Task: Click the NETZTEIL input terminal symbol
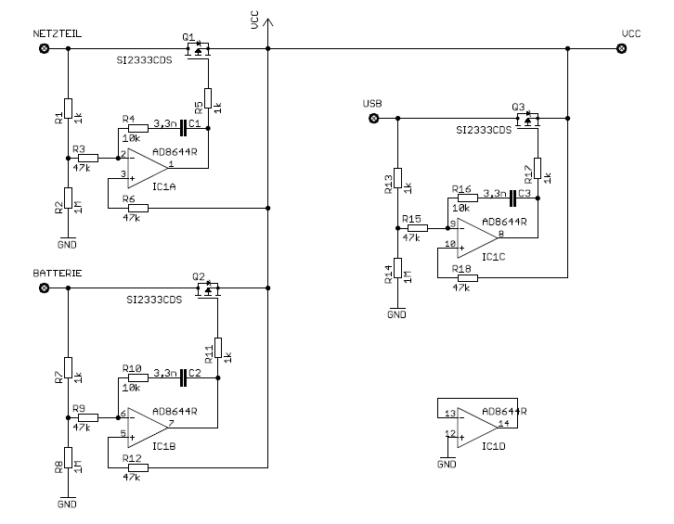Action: click(44, 48)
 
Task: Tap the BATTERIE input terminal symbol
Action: click(44, 288)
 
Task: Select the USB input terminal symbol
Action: click(374, 118)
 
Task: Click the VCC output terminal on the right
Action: click(622, 48)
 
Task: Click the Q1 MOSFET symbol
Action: click(198, 50)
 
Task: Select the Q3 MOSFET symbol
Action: click(528, 121)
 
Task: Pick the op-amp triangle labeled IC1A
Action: click(147, 168)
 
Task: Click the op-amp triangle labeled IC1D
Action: click(477, 428)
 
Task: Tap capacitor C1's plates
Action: click(183, 128)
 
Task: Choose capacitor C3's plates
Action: click(512, 198)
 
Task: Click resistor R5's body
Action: click(208, 98)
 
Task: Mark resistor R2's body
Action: click(68, 198)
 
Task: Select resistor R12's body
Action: click(138, 467)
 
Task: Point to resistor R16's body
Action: click(468, 198)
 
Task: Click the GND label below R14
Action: click(396, 314)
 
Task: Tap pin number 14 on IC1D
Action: click(504, 423)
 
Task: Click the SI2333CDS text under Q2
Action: click(154, 300)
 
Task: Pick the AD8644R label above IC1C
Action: click(504, 222)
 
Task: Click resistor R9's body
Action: click(88, 417)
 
